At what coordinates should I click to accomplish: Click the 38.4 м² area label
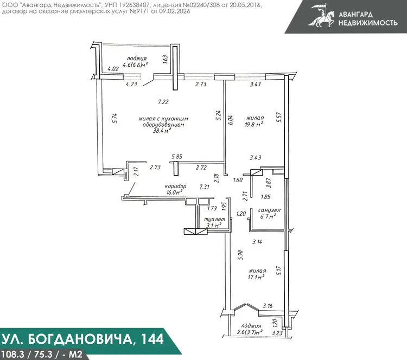162,131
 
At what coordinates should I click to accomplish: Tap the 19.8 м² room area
253,124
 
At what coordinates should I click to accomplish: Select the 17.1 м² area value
256,277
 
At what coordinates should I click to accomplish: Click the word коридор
175,186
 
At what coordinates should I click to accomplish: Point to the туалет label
214,219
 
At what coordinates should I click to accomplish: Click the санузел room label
269,210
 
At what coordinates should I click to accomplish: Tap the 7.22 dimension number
163,102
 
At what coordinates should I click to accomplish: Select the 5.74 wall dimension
115,118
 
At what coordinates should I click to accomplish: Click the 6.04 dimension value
231,120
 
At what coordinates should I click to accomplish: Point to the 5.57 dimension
279,117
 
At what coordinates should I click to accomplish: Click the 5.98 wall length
240,255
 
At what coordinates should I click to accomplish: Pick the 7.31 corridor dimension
204,187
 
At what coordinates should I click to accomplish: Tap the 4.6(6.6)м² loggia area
136,65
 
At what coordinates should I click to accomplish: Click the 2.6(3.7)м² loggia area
250,332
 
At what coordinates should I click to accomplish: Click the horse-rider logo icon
322,15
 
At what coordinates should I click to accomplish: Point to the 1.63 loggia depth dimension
166,59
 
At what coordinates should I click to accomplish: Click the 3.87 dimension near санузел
269,183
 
